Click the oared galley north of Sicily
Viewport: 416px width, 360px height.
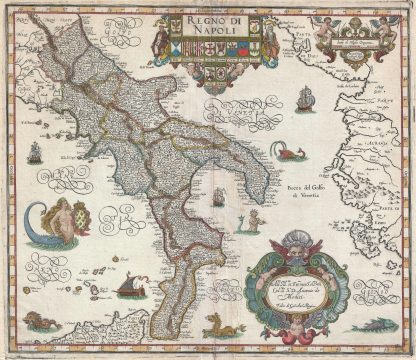coord(127,292)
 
